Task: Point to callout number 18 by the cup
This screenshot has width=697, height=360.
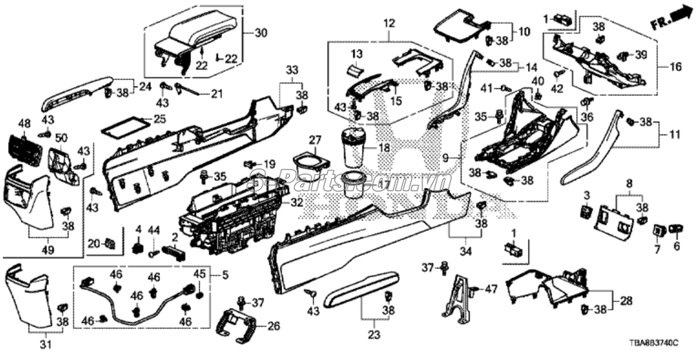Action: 383,149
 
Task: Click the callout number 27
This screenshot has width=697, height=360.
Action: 315,140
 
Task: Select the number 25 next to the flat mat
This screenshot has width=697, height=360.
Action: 158,119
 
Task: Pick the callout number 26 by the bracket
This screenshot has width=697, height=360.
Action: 273,327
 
